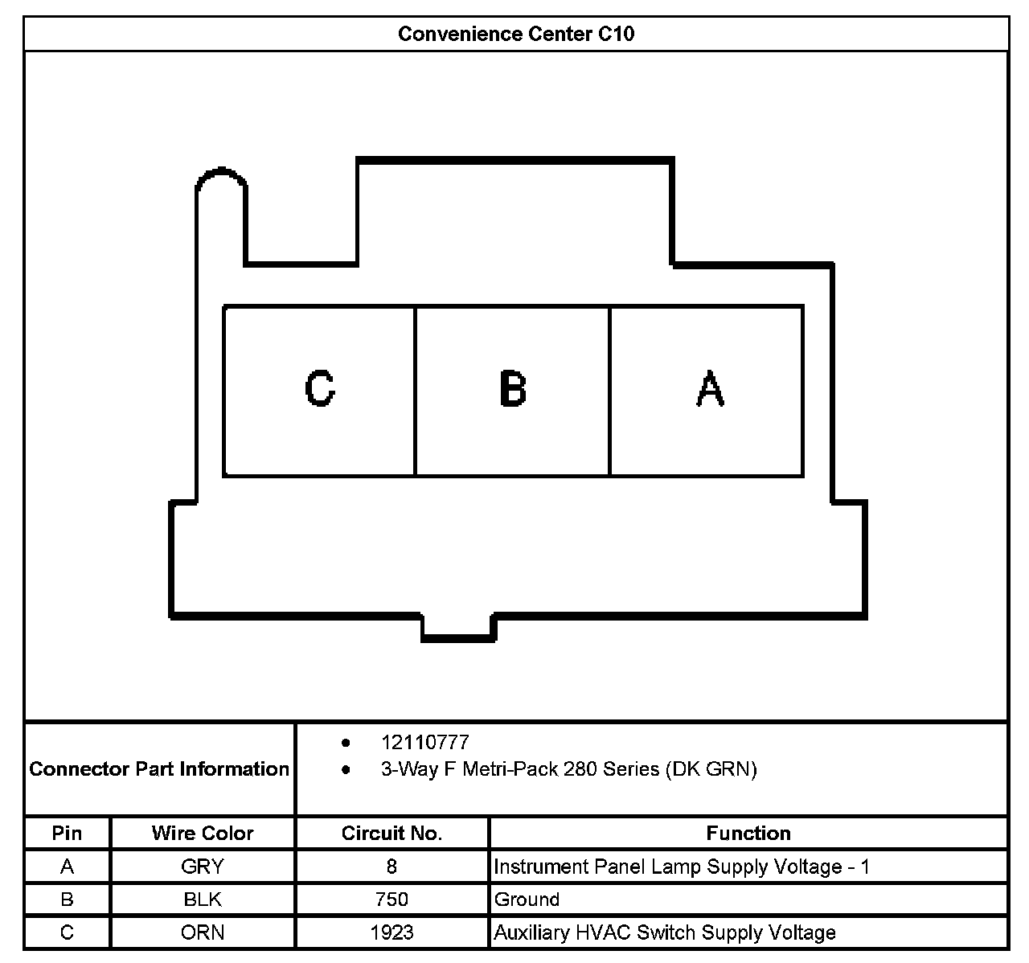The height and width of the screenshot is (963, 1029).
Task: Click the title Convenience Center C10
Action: click(515, 35)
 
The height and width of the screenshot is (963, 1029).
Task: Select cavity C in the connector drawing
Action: click(319, 391)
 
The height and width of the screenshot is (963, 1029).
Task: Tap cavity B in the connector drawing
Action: click(512, 391)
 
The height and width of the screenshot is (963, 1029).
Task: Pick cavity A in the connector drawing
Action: click(708, 391)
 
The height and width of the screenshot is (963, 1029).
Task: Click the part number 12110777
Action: click(424, 743)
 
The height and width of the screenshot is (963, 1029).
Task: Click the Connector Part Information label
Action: click(159, 769)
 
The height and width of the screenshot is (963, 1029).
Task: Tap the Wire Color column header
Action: click(203, 834)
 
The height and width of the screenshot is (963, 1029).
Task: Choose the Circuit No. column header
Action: click(392, 834)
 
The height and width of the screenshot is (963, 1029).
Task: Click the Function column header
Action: click(748, 834)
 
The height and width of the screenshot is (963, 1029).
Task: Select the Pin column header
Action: click(67, 834)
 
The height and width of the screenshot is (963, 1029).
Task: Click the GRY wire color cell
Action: click(203, 867)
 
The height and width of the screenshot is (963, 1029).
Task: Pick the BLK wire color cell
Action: click(203, 899)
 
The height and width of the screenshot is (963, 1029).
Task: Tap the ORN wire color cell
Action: click(203, 932)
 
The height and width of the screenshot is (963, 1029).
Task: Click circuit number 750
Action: click(392, 899)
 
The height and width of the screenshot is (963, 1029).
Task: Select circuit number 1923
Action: click(392, 932)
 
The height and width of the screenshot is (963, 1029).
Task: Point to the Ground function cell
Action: click(527, 899)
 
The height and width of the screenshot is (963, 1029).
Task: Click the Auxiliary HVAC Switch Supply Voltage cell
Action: click(664, 932)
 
